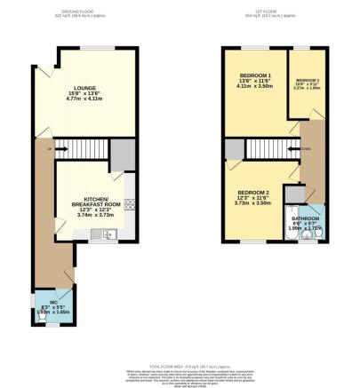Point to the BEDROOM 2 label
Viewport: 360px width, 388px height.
(x=253, y=193)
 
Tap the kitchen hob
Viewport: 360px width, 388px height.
(x=129, y=205)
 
